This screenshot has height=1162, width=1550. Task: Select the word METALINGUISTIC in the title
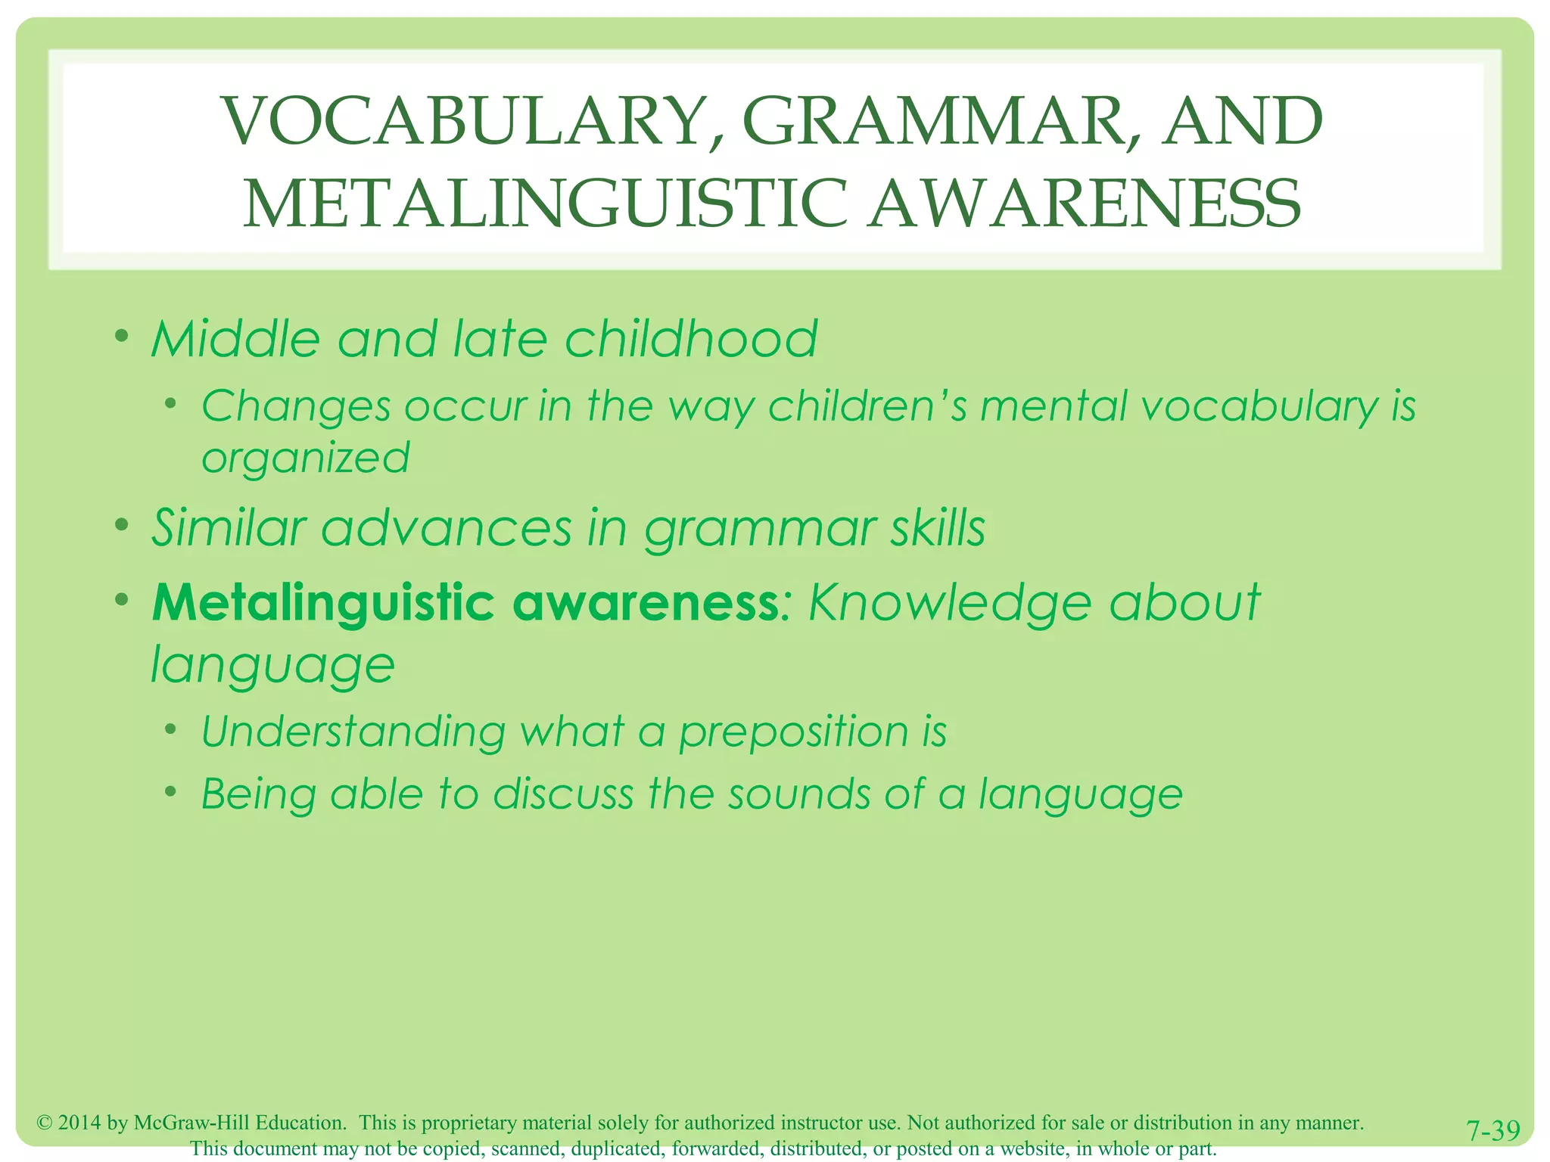point(545,204)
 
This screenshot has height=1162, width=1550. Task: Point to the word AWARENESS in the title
point(1085,204)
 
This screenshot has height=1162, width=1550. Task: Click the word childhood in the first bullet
point(691,338)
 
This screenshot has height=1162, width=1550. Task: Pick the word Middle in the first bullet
point(235,338)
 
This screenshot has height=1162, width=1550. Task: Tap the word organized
point(305,458)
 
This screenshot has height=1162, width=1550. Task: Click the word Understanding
point(353,732)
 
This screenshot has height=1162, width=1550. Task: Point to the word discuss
point(563,794)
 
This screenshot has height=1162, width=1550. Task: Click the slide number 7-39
point(1492,1131)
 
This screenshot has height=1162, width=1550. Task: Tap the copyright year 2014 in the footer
point(79,1123)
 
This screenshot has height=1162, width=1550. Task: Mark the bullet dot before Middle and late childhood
point(121,334)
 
